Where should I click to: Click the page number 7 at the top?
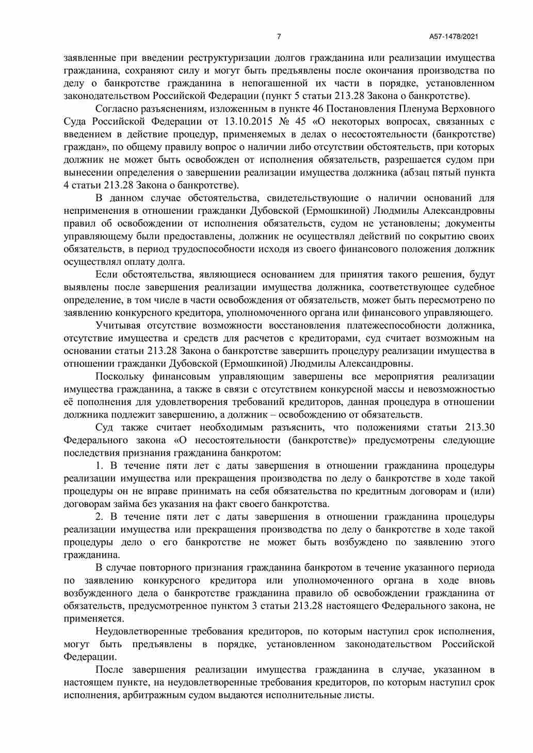click(279, 37)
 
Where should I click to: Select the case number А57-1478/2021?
click(454, 37)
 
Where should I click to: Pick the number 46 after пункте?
click(319, 109)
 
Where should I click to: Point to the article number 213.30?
click(480, 427)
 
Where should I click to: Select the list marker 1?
click(100, 466)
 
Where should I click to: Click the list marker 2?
click(100, 517)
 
